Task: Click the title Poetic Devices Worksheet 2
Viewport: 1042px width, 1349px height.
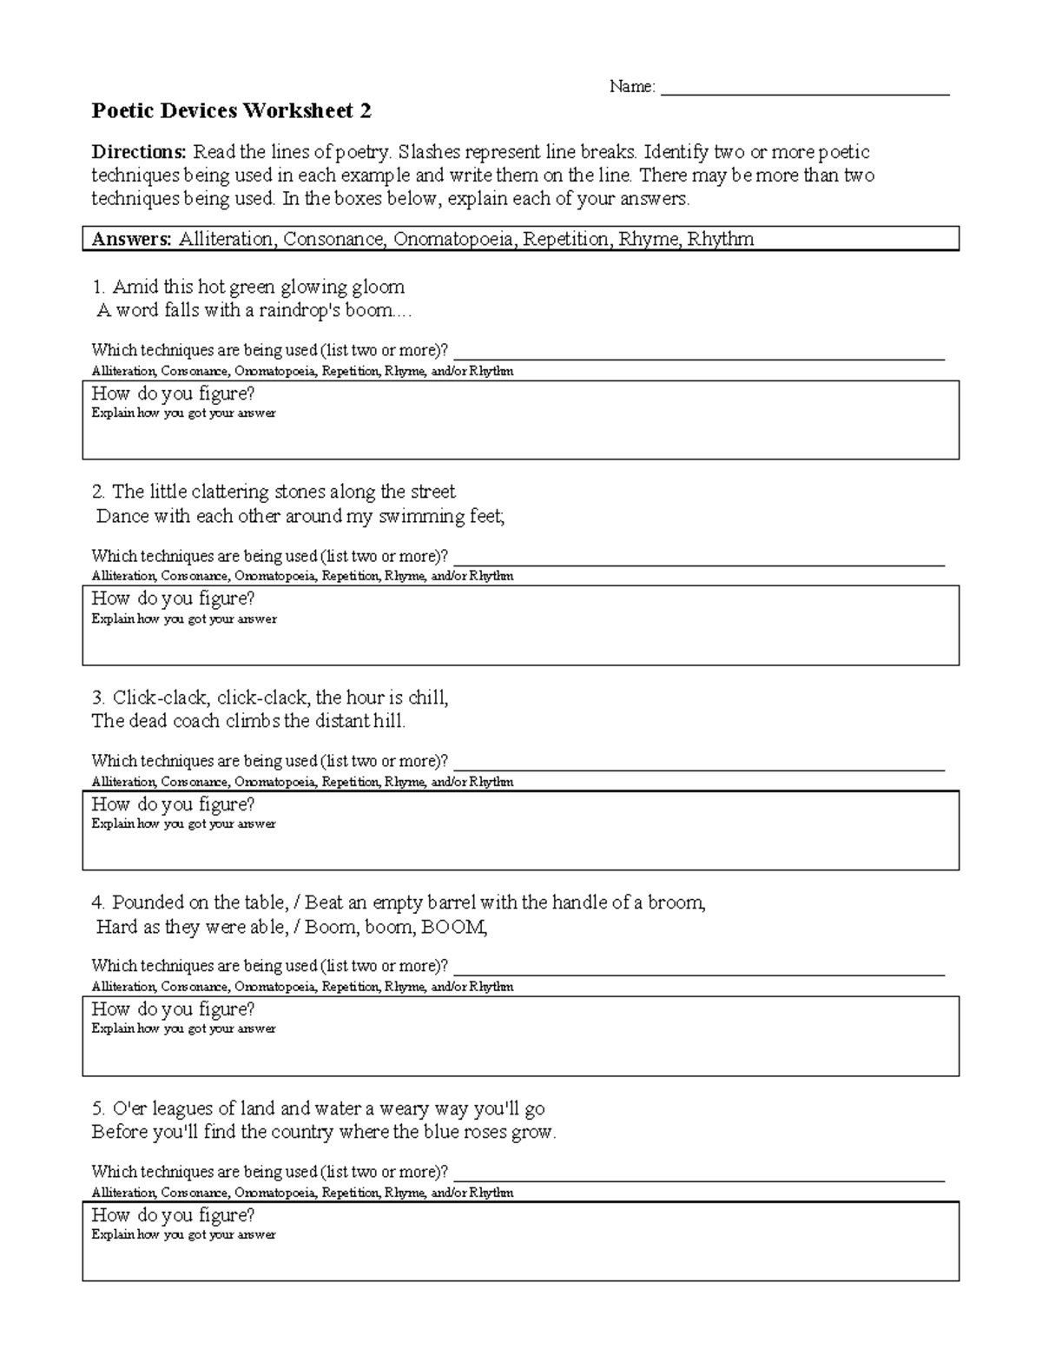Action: [232, 111]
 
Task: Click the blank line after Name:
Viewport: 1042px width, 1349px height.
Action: [805, 88]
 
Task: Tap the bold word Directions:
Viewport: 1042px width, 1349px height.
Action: [139, 152]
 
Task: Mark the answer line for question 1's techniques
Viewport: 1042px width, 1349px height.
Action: [699, 352]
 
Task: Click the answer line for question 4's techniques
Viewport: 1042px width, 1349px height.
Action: [699, 968]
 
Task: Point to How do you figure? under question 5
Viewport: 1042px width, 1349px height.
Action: [173, 1214]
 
